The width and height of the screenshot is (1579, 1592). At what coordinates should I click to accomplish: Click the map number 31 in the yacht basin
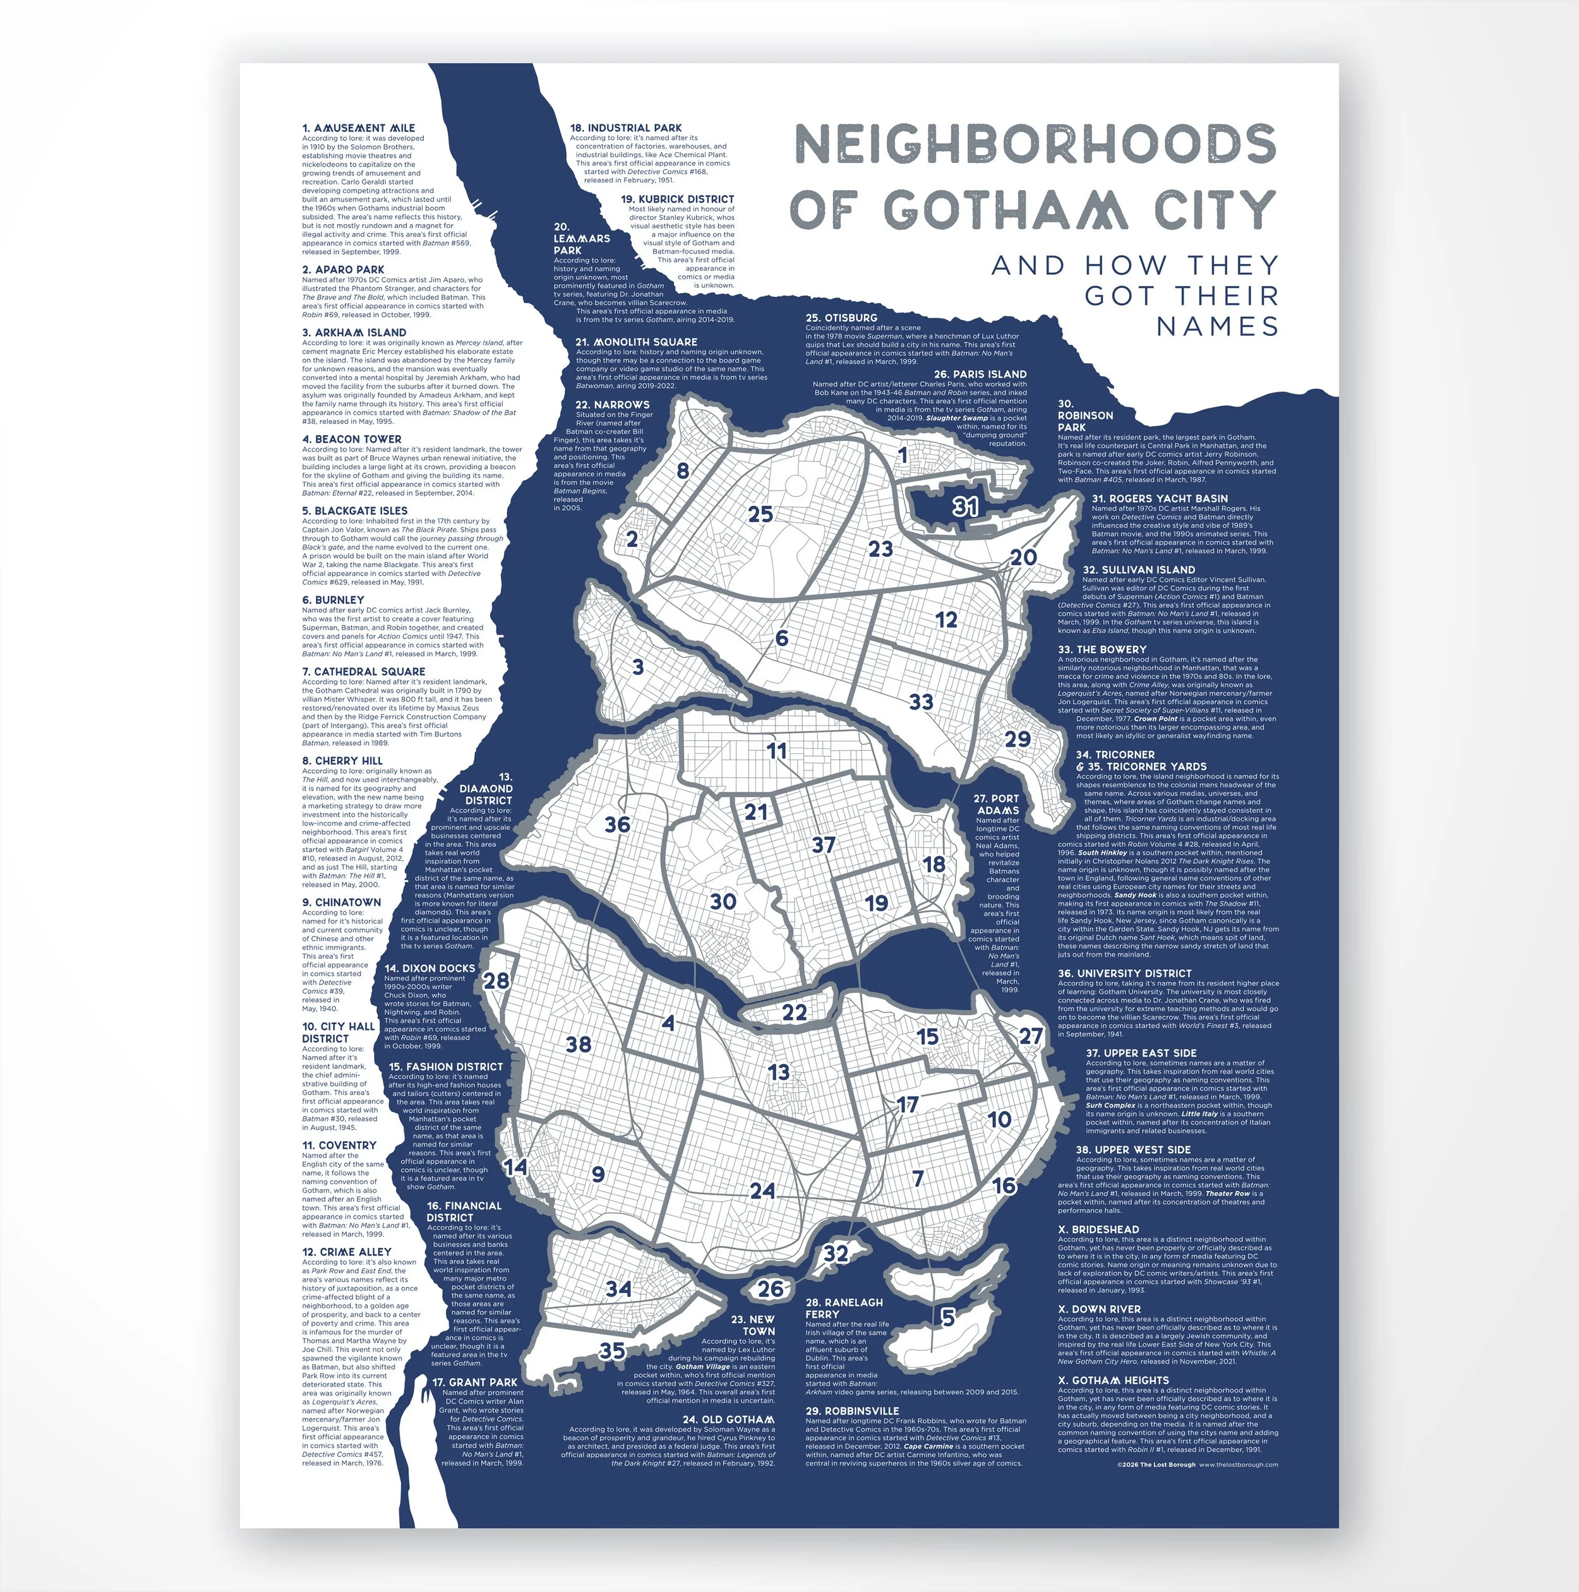(x=965, y=506)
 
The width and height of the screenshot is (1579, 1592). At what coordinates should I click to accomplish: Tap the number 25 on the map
(x=760, y=514)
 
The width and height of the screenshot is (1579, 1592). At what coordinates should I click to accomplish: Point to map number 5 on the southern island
(x=948, y=1317)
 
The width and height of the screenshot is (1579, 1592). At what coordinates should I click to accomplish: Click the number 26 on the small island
(x=771, y=1288)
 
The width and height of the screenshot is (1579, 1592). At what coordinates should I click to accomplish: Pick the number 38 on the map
(x=579, y=1044)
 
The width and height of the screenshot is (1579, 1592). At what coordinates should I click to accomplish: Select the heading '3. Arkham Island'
(x=354, y=332)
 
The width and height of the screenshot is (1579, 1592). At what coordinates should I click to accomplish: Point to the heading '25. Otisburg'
(x=841, y=317)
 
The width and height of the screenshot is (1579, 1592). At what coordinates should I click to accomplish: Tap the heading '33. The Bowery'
(x=1102, y=649)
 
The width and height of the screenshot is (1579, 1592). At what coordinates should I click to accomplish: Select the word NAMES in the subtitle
(x=1217, y=326)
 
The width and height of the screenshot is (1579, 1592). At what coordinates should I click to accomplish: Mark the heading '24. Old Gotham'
(x=728, y=1419)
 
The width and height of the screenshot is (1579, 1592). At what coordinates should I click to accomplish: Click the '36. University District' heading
(x=1124, y=973)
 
